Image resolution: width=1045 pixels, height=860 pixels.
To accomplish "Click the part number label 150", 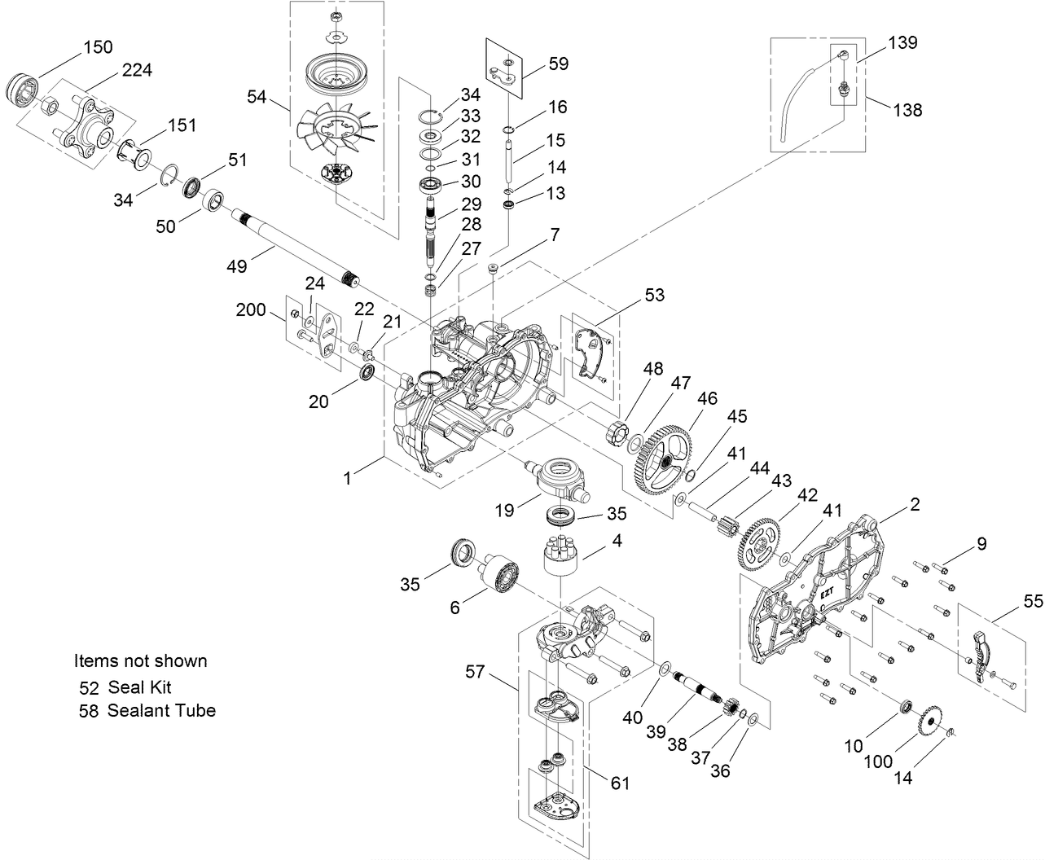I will point(98,46).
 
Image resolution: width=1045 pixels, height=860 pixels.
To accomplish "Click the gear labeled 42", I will point(758,545).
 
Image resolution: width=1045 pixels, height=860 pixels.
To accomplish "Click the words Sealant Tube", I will point(161,710).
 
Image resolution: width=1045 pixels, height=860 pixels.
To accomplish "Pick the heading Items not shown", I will point(140,660).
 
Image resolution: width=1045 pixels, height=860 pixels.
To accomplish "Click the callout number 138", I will point(907,108).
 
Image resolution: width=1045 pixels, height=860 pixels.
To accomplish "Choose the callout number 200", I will point(251,310).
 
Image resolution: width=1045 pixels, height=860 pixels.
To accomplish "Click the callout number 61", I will point(620,783).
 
